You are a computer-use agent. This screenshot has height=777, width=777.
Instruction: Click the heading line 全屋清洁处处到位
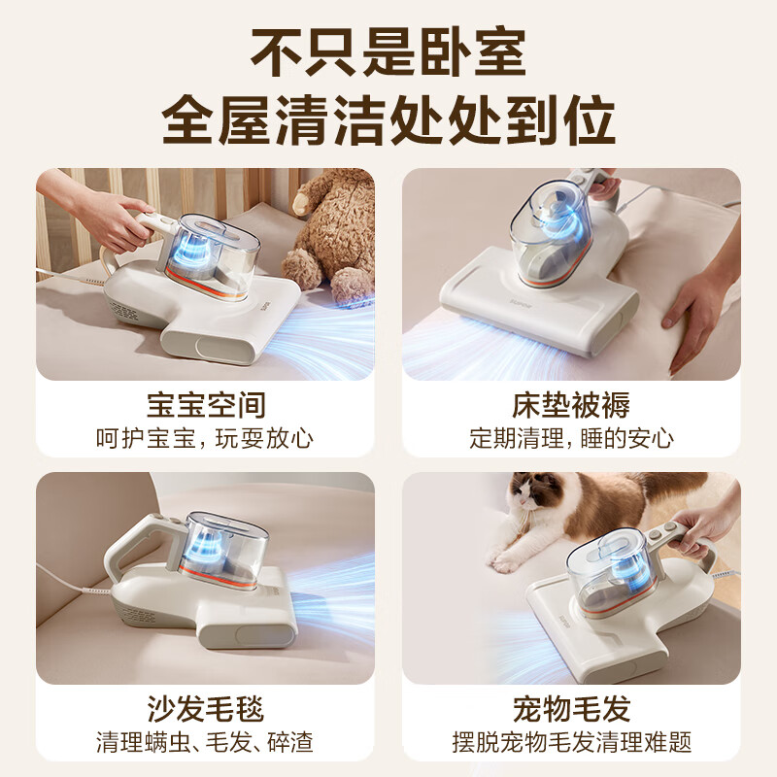click(x=388, y=122)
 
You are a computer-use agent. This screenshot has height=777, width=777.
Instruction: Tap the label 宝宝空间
click(x=205, y=404)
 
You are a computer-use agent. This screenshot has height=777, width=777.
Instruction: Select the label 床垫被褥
click(x=571, y=404)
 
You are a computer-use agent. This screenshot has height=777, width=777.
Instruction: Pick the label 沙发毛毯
click(x=205, y=708)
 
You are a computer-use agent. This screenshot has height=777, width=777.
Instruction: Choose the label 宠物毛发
click(x=571, y=708)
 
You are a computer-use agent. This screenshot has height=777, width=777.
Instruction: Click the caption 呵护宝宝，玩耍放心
click(x=205, y=438)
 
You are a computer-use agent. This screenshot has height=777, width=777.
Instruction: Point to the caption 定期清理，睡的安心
click(x=571, y=438)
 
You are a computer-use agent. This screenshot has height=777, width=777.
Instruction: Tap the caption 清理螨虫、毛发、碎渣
click(x=205, y=743)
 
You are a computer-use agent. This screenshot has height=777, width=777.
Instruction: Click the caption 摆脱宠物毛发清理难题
click(x=571, y=743)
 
